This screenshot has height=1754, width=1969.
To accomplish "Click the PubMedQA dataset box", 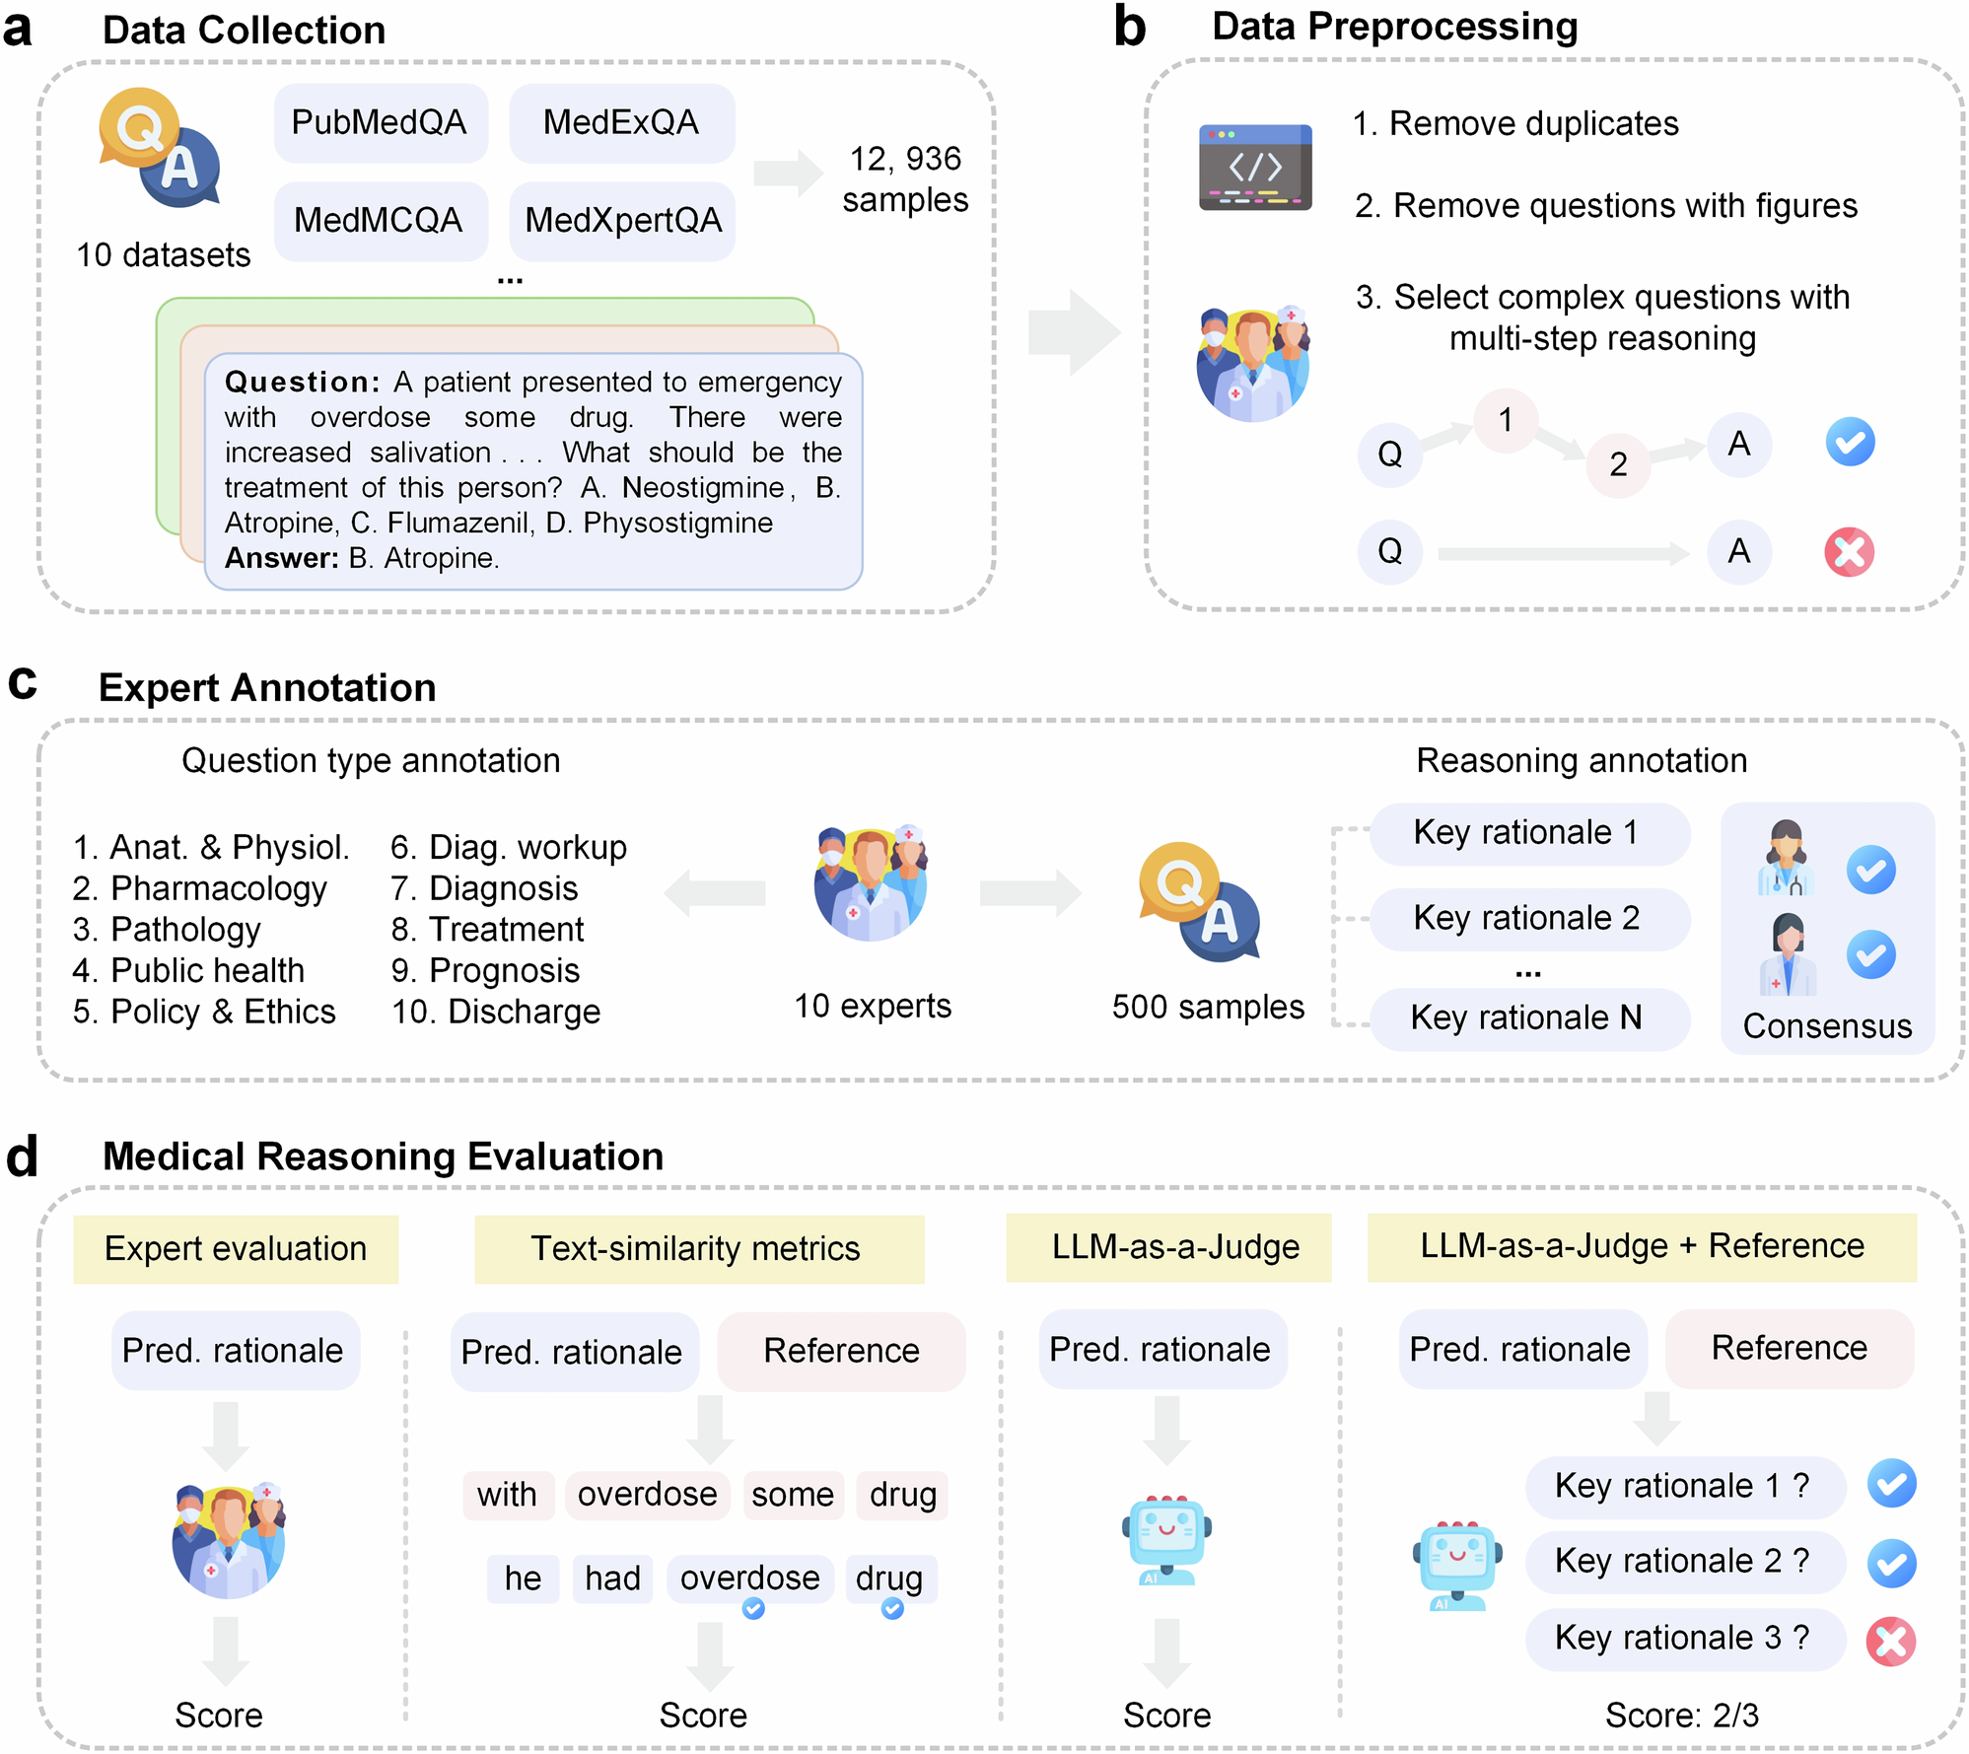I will point(380,123).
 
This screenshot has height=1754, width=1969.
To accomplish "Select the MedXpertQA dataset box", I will point(622,221).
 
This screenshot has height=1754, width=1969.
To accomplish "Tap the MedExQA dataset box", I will point(621,123).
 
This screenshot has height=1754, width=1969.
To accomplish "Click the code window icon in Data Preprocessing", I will point(1254,167).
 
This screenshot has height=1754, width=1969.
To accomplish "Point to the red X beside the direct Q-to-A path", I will point(1849,552).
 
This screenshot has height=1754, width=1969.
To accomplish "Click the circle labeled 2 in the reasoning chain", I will point(1618,464).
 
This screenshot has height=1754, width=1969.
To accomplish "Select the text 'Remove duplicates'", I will point(1532,124).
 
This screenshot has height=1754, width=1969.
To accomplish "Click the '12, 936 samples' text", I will point(905,179).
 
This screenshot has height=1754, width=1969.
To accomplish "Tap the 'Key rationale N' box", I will point(1526,1017).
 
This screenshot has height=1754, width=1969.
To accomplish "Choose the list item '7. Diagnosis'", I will point(484,888).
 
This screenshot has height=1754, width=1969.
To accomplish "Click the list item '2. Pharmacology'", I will point(199,888).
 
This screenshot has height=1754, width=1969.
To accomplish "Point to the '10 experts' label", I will point(873,1006).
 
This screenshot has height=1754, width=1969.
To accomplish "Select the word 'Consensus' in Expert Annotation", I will point(1827,1026).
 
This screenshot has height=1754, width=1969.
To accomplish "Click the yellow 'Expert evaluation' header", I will point(236,1249).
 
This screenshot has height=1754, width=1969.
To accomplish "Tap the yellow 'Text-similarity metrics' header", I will point(696,1249).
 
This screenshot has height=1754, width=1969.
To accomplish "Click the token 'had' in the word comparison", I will point(612,1579).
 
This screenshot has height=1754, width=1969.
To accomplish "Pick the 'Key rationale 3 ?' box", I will point(1683,1638).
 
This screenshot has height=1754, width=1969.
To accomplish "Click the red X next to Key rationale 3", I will point(1890,1642).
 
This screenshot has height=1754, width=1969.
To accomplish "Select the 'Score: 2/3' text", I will point(1682,1716).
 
